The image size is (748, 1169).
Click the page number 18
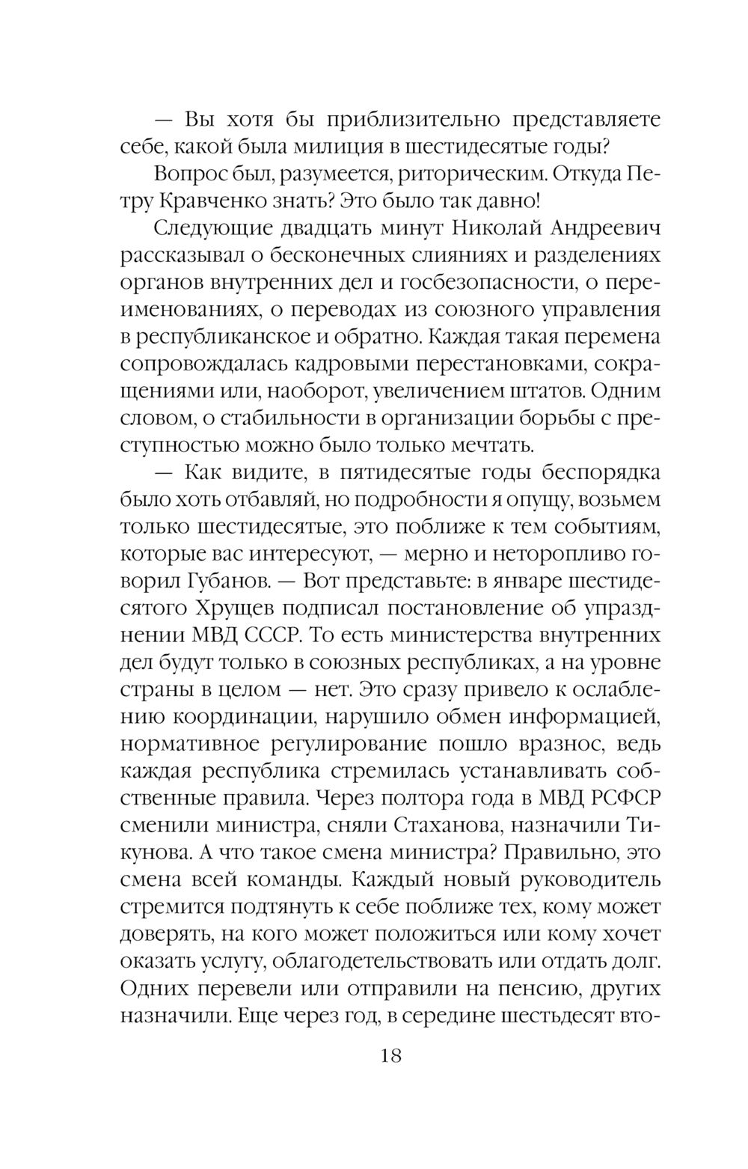(392, 1056)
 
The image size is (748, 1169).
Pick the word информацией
(585, 717)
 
